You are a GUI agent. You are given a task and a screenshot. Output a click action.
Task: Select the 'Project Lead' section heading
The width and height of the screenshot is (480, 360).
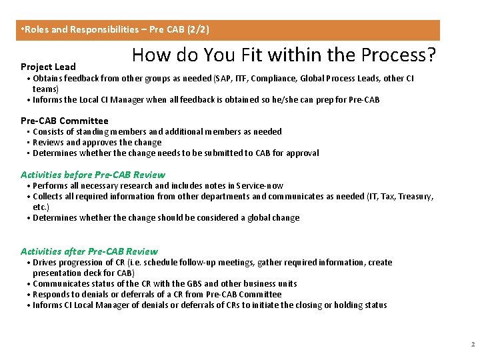(48, 67)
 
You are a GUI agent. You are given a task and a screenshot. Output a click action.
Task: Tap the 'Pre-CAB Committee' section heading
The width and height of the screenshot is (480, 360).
(64, 121)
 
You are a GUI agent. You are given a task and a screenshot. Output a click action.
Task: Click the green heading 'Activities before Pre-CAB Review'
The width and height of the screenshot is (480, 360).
(93, 175)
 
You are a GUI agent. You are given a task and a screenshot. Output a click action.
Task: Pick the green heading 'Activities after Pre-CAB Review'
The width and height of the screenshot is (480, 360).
(89, 251)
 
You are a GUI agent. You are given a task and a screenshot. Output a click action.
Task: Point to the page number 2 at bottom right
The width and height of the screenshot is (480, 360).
(472, 345)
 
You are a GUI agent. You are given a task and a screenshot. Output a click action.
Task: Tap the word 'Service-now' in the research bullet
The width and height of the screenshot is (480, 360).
(259, 185)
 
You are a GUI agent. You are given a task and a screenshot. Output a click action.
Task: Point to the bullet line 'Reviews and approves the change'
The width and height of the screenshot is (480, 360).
(97, 142)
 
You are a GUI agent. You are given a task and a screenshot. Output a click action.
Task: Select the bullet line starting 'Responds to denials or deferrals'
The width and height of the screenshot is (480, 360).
(157, 294)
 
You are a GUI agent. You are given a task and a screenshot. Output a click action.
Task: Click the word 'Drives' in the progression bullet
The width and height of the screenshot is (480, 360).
(45, 262)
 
